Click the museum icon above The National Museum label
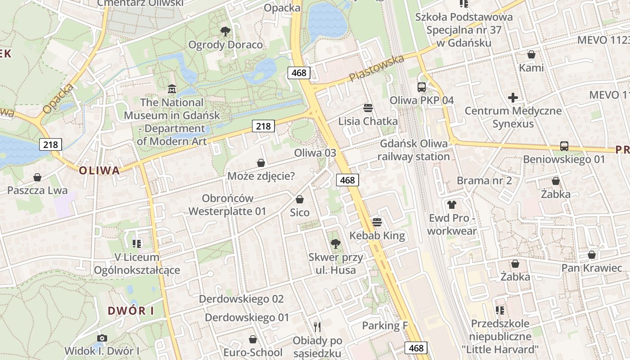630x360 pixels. (171, 89)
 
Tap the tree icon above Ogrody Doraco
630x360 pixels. (225, 31)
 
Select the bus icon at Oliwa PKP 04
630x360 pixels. (422, 87)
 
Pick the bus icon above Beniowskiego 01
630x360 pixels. (564, 146)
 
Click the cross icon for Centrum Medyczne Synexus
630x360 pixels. (513, 97)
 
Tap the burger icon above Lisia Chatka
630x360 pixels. (368, 108)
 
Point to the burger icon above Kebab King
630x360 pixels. (377, 222)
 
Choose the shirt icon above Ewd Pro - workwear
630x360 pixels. (452, 205)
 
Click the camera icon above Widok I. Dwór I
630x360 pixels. (102, 338)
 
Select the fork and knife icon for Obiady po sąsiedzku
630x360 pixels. (317, 327)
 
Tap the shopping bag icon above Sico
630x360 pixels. (300, 199)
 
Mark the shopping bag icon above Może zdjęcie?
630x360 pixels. (261, 162)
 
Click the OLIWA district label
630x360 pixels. (99, 171)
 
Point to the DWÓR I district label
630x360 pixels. (131, 310)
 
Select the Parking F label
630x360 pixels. (382, 325)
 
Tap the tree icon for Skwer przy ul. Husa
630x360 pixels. (335, 244)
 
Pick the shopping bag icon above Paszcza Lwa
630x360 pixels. (37, 177)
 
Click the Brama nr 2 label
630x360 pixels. (484, 180)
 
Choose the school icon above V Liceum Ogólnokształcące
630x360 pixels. (137, 244)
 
